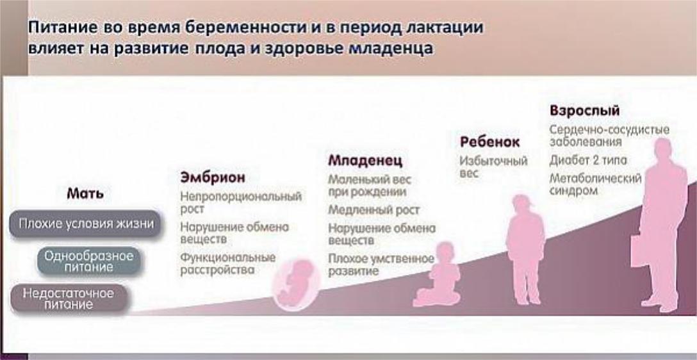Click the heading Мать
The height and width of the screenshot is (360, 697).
pos(85,194)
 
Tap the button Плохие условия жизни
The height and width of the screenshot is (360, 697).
pos(86,224)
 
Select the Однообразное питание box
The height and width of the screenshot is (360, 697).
pos(89,261)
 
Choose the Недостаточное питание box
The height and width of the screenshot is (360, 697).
pos(69,299)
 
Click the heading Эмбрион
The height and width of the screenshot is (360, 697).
pos(213,177)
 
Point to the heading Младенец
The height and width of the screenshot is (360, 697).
pos(365,160)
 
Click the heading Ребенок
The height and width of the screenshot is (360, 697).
pos(489,142)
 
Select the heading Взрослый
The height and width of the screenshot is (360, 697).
pos(584,111)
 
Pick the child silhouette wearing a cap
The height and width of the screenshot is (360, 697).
pos(525,249)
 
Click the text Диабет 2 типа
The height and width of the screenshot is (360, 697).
pos(587,160)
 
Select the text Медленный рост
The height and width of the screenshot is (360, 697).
pos(373,209)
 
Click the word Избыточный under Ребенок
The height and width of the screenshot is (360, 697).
pos(493,160)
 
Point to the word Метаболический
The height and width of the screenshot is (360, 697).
pos(596,178)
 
